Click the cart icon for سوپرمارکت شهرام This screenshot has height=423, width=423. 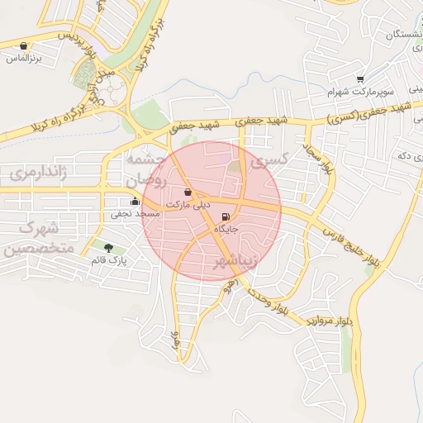(x=360, y=79)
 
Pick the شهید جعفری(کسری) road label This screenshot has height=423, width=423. (x=368, y=114)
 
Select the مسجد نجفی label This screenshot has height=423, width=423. (x=135, y=214)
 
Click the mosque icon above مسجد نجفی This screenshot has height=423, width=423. (x=135, y=201)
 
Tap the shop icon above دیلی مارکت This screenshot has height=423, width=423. (x=188, y=192)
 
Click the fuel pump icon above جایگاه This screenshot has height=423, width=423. (x=226, y=216)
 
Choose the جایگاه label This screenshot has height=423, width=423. (x=226, y=228)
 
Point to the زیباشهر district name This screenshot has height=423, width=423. (x=236, y=261)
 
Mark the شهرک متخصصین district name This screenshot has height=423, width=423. (x=38, y=237)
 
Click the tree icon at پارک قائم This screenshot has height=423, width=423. (x=108, y=247)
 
